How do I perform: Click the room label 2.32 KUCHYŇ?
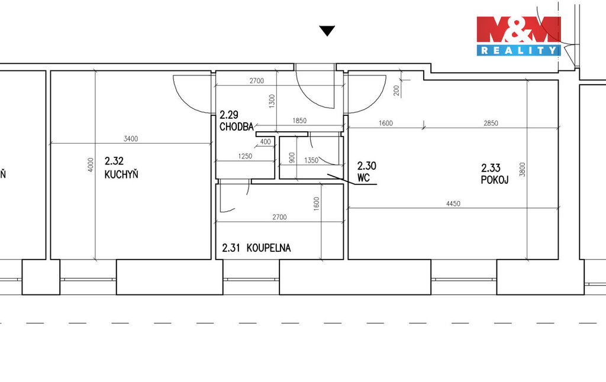[x=121, y=167]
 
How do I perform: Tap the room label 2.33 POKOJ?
[x=495, y=173]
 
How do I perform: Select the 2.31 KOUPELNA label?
[x=256, y=248]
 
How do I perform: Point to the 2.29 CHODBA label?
[x=237, y=121]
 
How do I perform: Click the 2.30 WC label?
[x=366, y=171]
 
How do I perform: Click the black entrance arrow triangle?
[x=327, y=31]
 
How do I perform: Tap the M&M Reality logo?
[x=518, y=36]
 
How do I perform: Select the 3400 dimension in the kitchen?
[x=131, y=138]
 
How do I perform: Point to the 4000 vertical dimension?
[x=91, y=165]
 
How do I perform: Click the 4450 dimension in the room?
[x=453, y=203]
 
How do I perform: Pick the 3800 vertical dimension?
[x=523, y=170]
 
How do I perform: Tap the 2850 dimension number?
[x=491, y=123]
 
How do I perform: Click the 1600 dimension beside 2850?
[x=386, y=123]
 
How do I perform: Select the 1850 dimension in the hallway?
[x=299, y=121]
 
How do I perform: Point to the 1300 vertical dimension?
[x=272, y=101]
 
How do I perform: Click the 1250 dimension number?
[x=245, y=157]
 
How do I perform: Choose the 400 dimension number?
[x=266, y=142]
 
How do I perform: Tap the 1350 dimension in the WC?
[x=311, y=160]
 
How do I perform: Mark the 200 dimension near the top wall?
[x=396, y=90]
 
